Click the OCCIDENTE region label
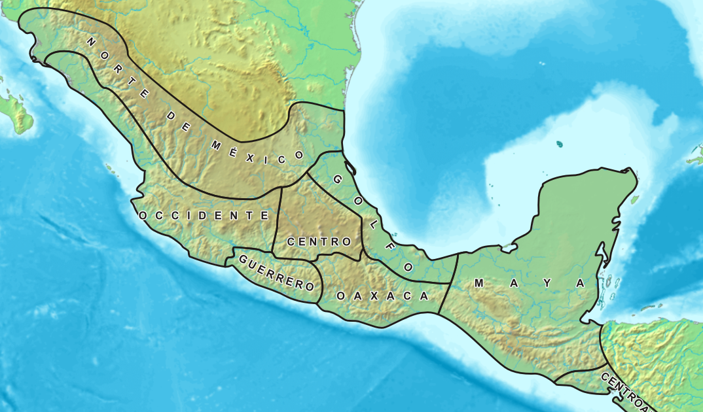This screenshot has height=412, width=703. click(x=204, y=215)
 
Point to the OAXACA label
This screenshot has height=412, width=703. click(x=382, y=296)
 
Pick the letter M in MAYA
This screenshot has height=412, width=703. click(x=478, y=283)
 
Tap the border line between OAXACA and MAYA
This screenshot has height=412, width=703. click(x=447, y=288)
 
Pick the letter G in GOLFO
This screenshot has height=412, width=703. click(x=336, y=179)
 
